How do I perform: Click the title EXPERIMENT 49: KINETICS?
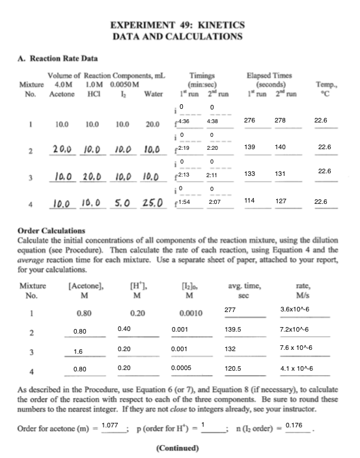pyautogui.click(x=178, y=25)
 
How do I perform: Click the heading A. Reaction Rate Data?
pyautogui.click(x=53, y=59)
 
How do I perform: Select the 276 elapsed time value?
pyautogui.click(x=249, y=121)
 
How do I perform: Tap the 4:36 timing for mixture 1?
pyautogui.click(x=184, y=121)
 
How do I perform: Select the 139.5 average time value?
pyautogui.click(x=233, y=330)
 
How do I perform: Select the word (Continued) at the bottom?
pyautogui.click(x=178, y=448)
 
